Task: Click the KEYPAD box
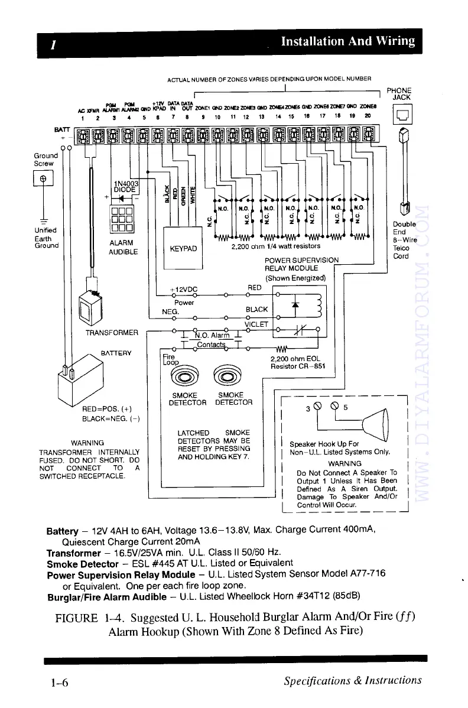point(183,249)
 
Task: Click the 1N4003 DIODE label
point(125,186)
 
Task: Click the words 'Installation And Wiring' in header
point(347,41)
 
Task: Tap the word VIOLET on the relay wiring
point(256,324)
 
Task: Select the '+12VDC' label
point(183,290)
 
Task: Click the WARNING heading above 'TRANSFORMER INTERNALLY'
point(87,443)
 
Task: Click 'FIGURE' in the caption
point(76,618)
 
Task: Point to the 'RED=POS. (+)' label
point(106,409)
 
